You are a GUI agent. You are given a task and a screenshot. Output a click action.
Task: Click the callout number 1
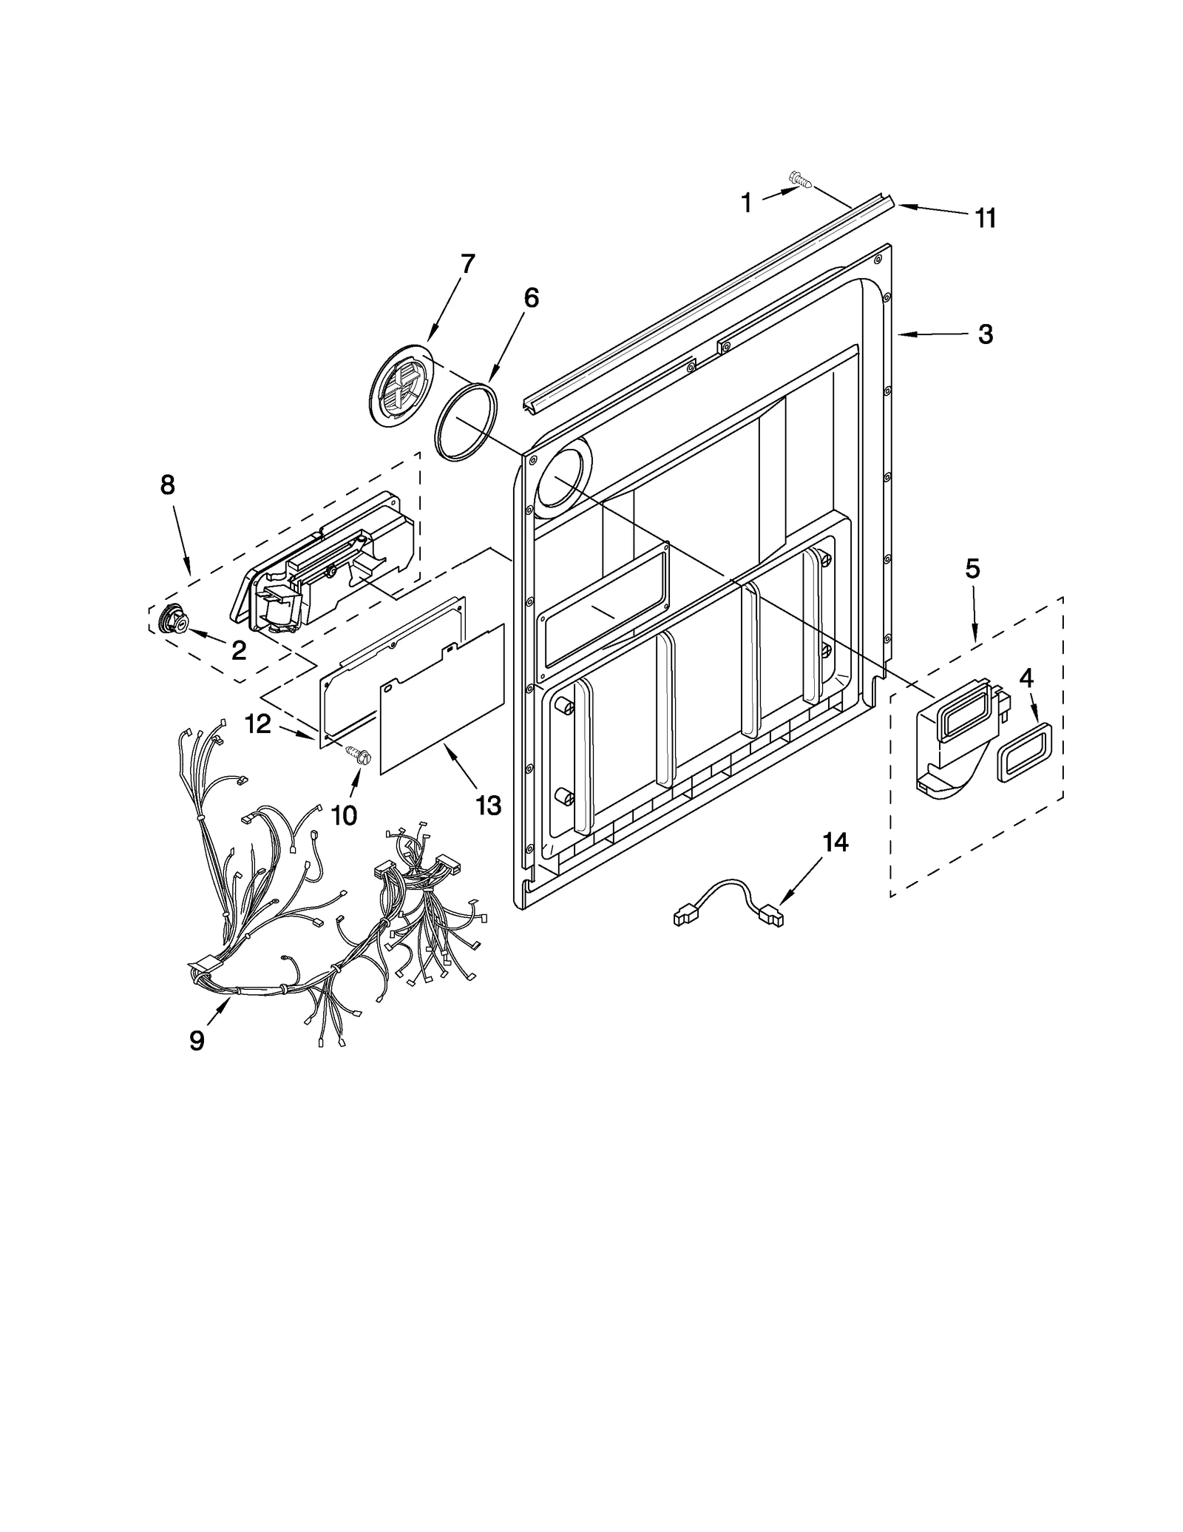tap(746, 202)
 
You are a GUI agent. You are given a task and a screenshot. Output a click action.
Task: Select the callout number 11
tap(985, 218)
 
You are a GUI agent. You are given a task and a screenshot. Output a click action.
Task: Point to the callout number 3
tap(985, 334)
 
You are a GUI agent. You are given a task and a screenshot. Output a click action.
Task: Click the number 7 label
tap(467, 264)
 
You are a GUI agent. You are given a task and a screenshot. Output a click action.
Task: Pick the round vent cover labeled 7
tap(400, 386)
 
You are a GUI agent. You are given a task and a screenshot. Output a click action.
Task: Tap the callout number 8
tap(168, 485)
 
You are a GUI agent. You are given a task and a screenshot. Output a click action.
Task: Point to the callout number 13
tap(488, 805)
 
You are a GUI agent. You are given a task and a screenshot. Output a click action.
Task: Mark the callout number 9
tap(197, 1040)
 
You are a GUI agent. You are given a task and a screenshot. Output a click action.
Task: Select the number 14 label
tap(835, 842)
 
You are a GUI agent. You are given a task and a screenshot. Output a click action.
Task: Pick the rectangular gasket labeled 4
tap(1024, 752)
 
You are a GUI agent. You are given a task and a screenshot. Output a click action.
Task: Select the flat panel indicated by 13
tap(442, 698)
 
